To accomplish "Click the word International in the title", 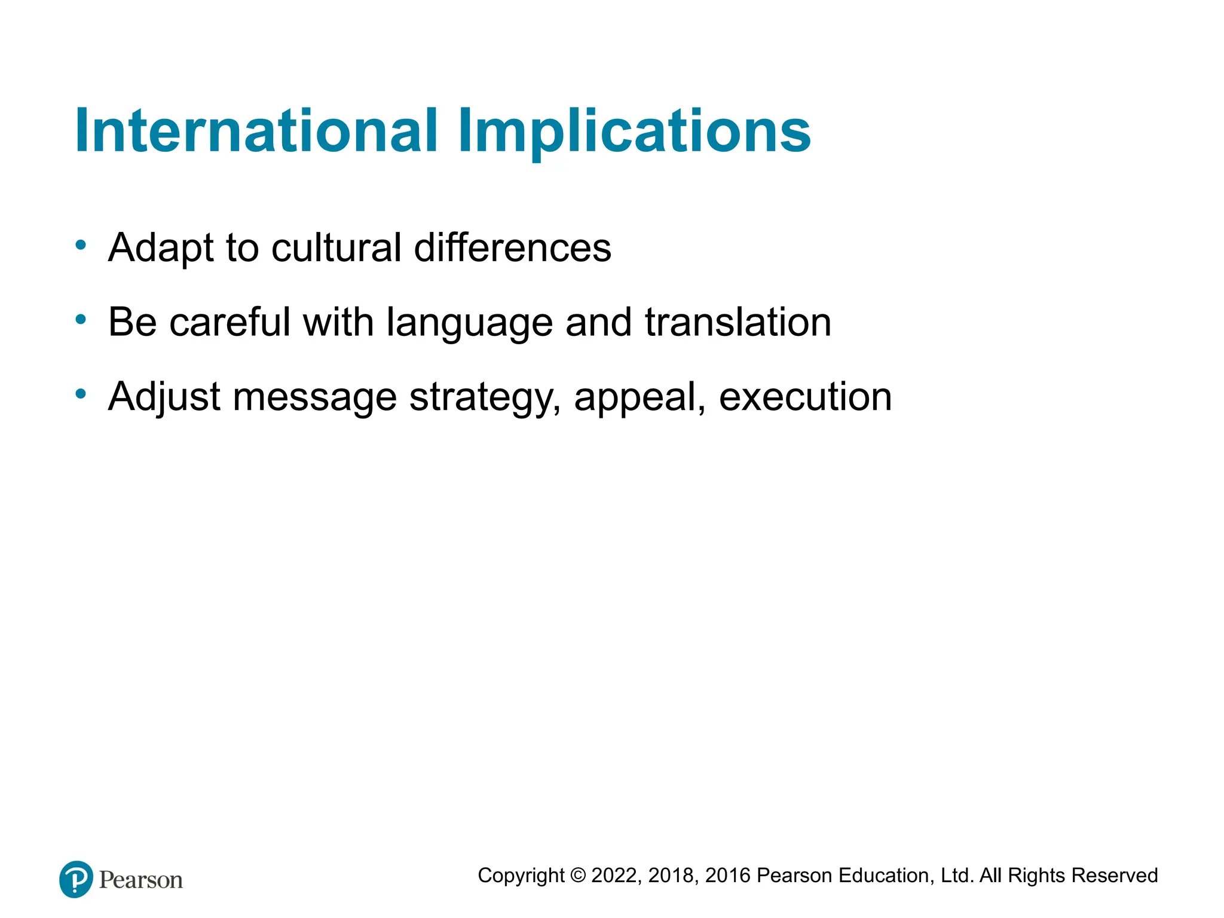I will [x=256, y=131].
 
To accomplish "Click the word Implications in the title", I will [x=634, y=131].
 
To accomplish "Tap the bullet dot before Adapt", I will [x=81, y=244].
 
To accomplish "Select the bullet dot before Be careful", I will [x=81, y=320].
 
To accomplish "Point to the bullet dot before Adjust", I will [x=81, y=394].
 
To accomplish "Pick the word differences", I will [x=512, y=247].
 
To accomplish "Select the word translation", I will [x=738, y=322].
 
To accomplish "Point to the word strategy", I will [x=485, y=398].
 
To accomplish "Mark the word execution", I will [x=805, y=397].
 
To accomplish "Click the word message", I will [x=314, y=398].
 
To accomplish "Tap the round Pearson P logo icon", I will [x=76, y=879].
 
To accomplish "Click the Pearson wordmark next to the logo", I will [x=141, y=880].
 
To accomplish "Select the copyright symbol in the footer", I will [x=577, y=876].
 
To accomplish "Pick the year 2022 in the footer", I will [x=615, y=876].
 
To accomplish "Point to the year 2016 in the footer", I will [x=727, y=876].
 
